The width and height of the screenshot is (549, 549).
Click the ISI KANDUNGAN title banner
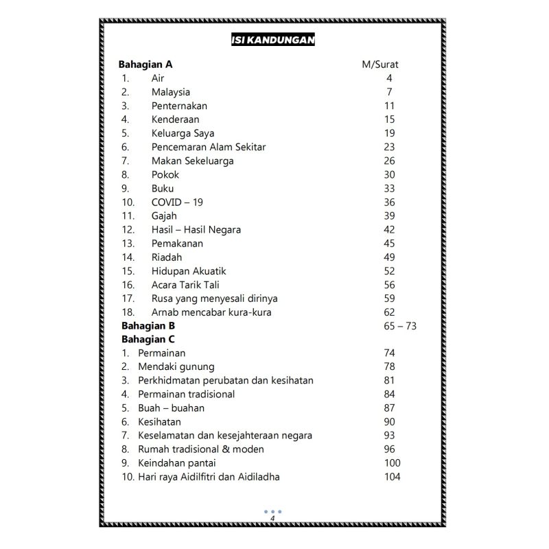point(273,40)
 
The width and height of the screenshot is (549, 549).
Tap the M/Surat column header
point(380,65)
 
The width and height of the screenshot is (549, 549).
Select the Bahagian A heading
point(145,65)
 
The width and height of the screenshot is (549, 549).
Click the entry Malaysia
point(171,92)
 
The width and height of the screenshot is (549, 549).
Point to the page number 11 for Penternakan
point(390,106)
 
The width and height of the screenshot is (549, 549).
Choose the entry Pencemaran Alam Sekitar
point(209,147)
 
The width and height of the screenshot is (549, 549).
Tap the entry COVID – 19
point(177,202)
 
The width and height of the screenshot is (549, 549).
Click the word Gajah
point(165,216)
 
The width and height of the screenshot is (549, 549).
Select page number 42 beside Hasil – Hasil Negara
point(390,230)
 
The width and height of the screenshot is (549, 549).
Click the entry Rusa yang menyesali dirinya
point(215,299)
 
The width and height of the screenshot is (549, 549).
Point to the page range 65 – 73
point(401,326)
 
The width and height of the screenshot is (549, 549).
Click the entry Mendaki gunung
point(176,367)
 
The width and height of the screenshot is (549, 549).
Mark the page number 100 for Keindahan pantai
point(393,463)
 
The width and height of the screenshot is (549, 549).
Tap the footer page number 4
point(272,518)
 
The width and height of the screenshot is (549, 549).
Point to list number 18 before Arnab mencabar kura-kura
point(128,312)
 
